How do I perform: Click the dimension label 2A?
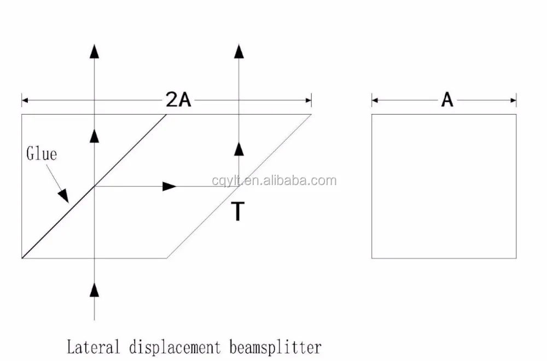pos(178,100)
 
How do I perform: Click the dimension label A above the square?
pos(447,100)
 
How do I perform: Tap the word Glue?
pos(42,154)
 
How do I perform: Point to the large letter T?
pos(237,211)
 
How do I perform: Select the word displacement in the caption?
pos(175,346)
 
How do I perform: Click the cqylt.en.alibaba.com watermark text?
pos(274,181)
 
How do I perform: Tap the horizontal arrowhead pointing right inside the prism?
pos(170,186)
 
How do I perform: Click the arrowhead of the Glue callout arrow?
pos(64,195)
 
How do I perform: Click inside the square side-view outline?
pos(444,186)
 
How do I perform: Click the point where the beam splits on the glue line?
pos(95,186)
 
